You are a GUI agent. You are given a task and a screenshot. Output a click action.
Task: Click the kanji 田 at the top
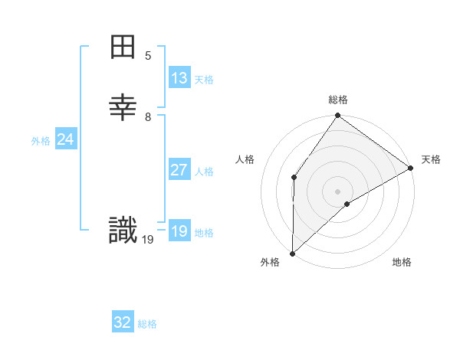(123, 48)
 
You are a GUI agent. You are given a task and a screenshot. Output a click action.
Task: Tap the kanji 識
(123, 230)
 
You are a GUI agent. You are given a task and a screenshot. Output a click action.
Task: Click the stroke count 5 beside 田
(148, 56)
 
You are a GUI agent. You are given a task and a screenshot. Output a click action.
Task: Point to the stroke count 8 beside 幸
(148, 117)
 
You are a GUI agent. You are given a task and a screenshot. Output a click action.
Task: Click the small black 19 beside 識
(148, 240)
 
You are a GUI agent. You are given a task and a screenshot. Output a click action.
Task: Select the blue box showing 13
(179, 78)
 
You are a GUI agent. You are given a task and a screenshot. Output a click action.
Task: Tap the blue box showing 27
(179, 170)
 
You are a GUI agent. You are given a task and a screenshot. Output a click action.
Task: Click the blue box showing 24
(66, 139)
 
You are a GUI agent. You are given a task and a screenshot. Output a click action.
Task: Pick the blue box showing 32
(123, 322)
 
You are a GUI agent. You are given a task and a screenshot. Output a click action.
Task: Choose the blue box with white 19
(179, 231)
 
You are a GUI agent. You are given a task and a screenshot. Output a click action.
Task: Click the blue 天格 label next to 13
(204, 80)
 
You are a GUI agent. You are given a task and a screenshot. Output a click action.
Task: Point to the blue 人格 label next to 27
(204, 172)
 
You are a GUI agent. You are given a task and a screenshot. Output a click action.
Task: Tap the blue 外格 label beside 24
(41, 141)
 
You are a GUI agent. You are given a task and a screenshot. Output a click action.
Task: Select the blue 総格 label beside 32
(147, 324)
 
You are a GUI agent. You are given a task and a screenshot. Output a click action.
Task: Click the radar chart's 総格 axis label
(338, 100)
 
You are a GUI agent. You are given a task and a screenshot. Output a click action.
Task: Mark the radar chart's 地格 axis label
(402, 262)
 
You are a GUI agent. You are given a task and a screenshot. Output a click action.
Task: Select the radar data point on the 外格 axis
(292, 254)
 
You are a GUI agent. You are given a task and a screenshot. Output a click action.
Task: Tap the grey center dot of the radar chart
(338, 191)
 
